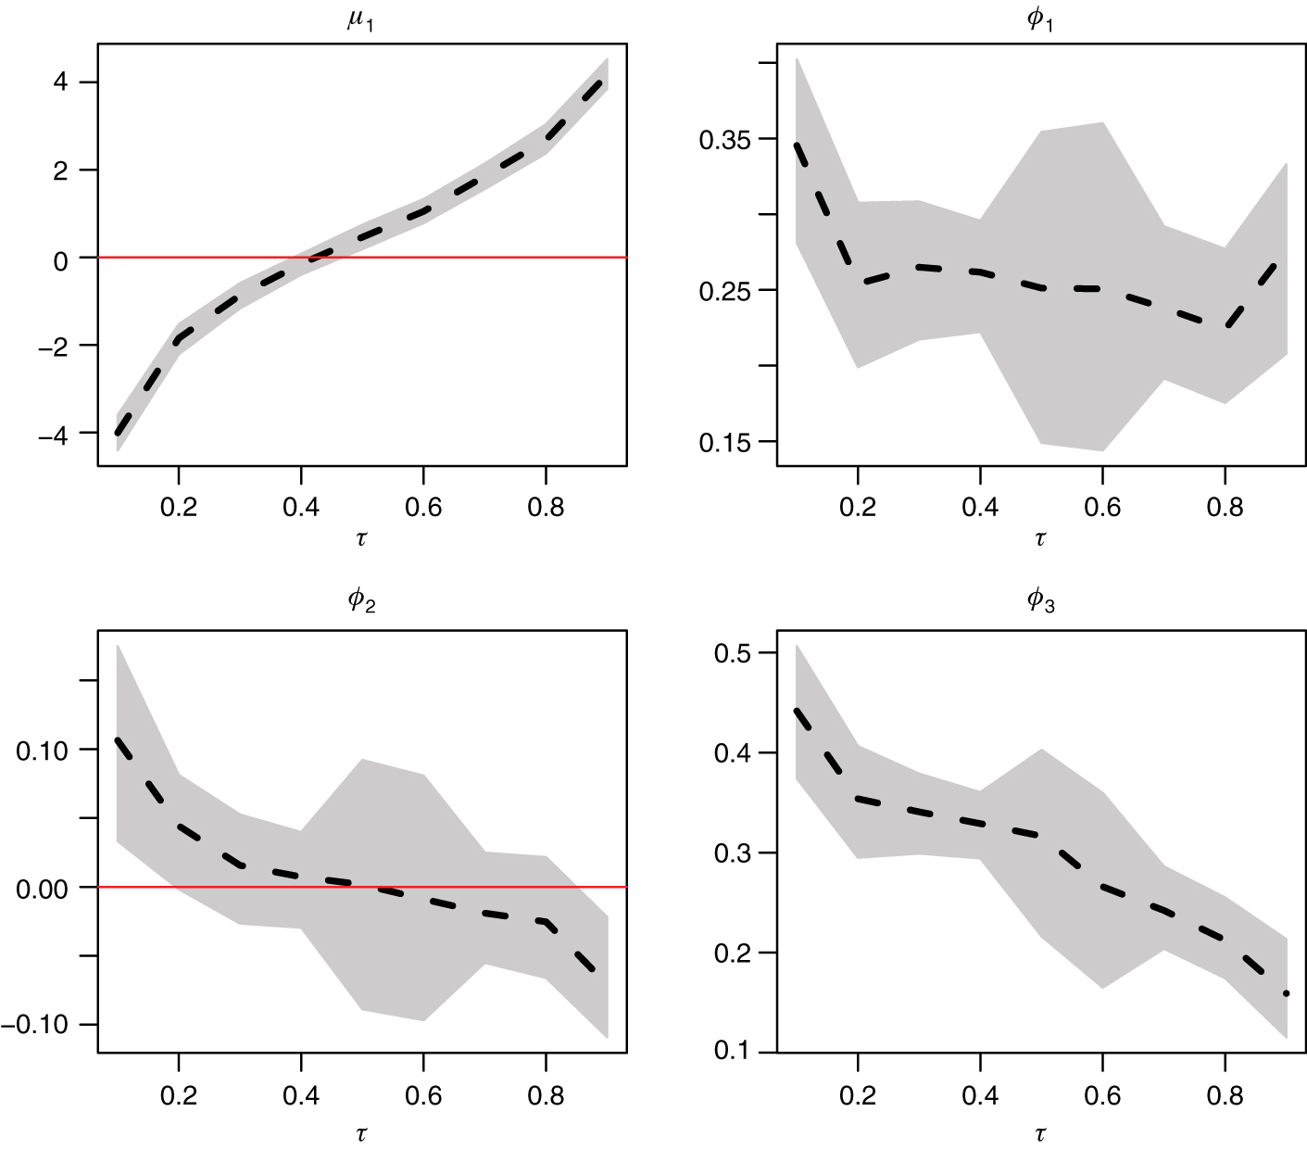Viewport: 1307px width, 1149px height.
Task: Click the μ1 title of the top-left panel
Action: click(360, 21)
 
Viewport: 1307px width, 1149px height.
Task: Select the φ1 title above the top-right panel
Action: click(1040, 21)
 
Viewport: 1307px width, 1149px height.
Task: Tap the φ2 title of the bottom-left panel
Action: click(360, 602)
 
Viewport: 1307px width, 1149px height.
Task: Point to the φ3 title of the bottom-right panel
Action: click(1040, 602)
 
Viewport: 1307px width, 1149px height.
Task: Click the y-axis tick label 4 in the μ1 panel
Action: click(61, 83)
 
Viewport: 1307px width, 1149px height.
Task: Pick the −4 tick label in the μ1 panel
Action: click(53, 434)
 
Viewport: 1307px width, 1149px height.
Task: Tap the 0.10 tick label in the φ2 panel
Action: click(44, 750)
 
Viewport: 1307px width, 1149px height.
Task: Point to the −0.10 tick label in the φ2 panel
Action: click(35, 1025)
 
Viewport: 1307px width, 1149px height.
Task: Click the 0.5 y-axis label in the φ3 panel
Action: click(732, 653)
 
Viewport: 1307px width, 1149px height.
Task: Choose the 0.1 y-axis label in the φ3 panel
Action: click(732, 1052)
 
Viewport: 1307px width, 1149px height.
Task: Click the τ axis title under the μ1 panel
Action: click(361, 538)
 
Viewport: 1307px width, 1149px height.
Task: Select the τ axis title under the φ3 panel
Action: click(1040, 1132)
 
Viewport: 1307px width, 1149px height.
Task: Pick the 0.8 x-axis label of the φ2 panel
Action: click(545, 1097)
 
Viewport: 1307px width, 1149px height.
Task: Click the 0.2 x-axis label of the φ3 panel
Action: click(858, 1097)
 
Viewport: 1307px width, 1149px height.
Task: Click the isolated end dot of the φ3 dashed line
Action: click(1286, 993)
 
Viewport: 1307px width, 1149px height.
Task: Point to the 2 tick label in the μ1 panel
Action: click(61, 170)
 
